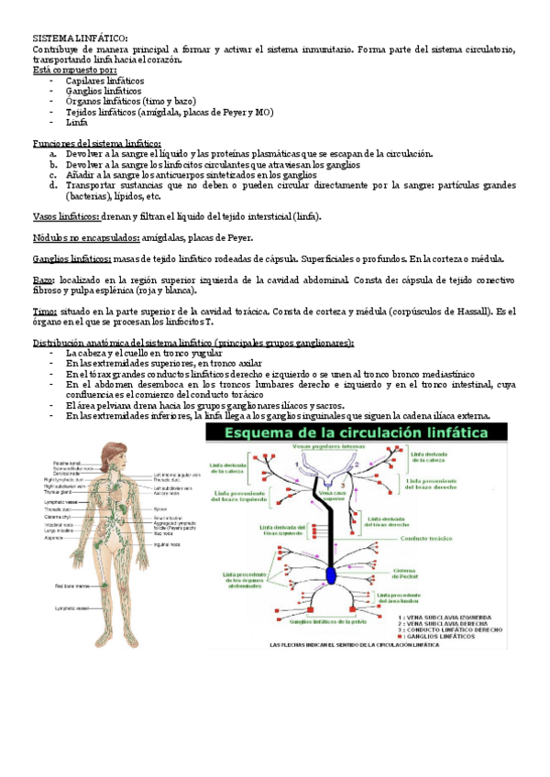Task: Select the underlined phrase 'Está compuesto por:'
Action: (74, 70)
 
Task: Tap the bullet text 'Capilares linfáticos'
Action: (104, 81)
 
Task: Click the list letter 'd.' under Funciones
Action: (54, 184)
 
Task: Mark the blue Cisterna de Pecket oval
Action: (332, 575)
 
